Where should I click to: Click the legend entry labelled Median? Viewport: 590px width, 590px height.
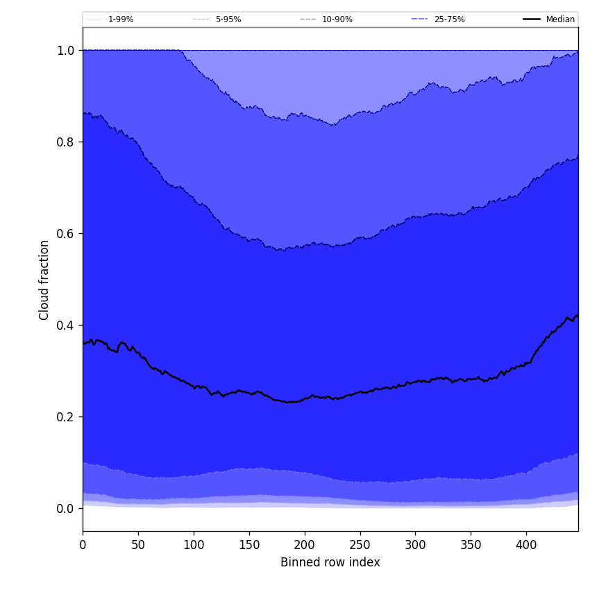(560, 19)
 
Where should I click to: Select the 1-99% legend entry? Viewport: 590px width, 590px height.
(121, 19)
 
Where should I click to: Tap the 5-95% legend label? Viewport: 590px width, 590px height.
(228, 19)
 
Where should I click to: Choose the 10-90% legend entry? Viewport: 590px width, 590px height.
(337, 19)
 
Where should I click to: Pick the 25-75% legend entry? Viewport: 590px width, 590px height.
(449, 19)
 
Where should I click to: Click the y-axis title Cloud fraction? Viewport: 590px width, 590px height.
(44, 280)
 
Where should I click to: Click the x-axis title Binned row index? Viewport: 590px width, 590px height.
(330, 562)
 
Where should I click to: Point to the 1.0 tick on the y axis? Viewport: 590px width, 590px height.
(66, 51)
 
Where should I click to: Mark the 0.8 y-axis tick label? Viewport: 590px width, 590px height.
(66, 142)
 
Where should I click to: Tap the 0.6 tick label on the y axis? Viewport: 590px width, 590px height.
(66, 234)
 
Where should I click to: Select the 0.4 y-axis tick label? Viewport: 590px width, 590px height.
(66, 326)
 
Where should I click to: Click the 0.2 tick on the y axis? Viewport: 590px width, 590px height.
(66, 417)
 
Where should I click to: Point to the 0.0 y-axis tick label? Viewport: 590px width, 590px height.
(66, 509)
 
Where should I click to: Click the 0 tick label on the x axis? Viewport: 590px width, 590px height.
(83, 545)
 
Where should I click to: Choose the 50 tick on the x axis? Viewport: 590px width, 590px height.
(138, 545)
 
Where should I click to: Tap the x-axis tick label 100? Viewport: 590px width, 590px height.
(194, 545)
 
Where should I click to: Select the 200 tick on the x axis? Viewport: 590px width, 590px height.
(305, 545)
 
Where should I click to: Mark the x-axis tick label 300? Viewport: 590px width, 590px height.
(415, 545)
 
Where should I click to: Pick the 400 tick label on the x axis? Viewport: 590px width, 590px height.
(526, 545)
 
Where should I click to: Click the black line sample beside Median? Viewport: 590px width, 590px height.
(532, 19)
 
